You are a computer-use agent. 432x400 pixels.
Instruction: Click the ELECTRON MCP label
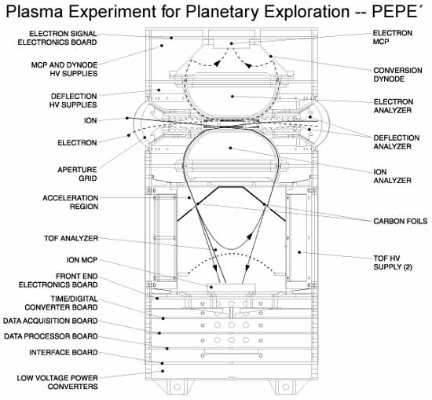tap(392, 37)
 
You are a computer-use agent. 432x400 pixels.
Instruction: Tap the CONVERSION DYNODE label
tap(397, 75)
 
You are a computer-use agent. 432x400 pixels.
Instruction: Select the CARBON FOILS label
tap(401, 221)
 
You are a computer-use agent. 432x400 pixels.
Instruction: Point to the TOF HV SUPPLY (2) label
tap(393, 262)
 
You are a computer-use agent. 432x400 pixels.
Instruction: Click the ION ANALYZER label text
tap(392, 176)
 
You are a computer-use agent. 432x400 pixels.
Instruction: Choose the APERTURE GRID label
tap(77, 174)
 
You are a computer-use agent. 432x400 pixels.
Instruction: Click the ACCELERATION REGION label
tap(70, 202)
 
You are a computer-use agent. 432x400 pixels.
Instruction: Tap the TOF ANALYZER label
tap(71, 238)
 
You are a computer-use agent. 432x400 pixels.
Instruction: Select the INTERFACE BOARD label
tap(64, 353)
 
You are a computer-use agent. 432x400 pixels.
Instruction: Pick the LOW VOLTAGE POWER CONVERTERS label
tap(57, 382)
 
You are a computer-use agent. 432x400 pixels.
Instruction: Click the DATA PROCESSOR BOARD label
tap(51, 336)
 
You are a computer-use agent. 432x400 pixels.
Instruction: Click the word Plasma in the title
tap(34, 12)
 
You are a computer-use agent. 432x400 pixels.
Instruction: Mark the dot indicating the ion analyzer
tap(231, 148)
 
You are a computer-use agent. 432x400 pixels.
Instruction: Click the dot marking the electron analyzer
tap(232, 97)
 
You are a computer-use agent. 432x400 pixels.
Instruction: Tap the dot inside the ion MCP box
tap(211, 287)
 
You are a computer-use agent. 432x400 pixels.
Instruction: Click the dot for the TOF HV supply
tap(299, 252)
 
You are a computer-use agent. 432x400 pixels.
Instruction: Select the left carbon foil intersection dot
tap(197, 204)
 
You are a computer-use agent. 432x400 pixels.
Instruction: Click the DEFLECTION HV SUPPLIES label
tap(73, 101)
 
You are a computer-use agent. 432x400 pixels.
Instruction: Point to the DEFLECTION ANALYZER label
tap(397, 142)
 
